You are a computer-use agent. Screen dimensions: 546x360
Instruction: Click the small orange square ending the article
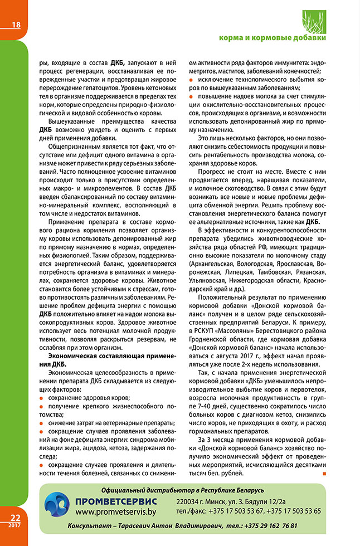(x=324, y=474)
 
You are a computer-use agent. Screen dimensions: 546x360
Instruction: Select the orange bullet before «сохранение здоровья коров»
(x=42, y=397)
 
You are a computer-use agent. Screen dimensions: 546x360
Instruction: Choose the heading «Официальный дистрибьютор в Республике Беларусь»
(x=183, y=490)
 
